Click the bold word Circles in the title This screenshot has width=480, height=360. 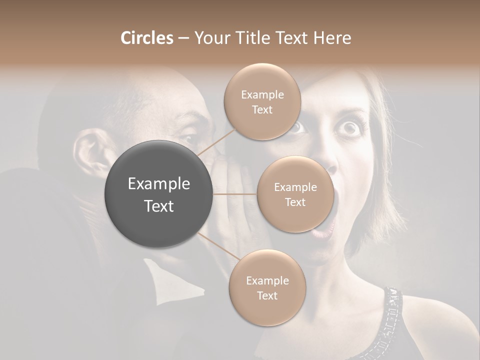point(146,38)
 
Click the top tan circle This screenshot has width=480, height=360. point(262,101)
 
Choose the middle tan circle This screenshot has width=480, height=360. point(295,194)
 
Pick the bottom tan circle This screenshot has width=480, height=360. point(267,287)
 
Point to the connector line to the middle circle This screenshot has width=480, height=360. point(235,194)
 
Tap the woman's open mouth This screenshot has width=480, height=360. point(325,210)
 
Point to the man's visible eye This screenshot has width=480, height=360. point(189,138)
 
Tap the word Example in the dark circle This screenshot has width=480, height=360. point(159,184)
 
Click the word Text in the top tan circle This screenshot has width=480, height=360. point(262,109)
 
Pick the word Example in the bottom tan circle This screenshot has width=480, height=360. point(267,280)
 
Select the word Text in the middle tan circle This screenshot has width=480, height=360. point(295,202)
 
